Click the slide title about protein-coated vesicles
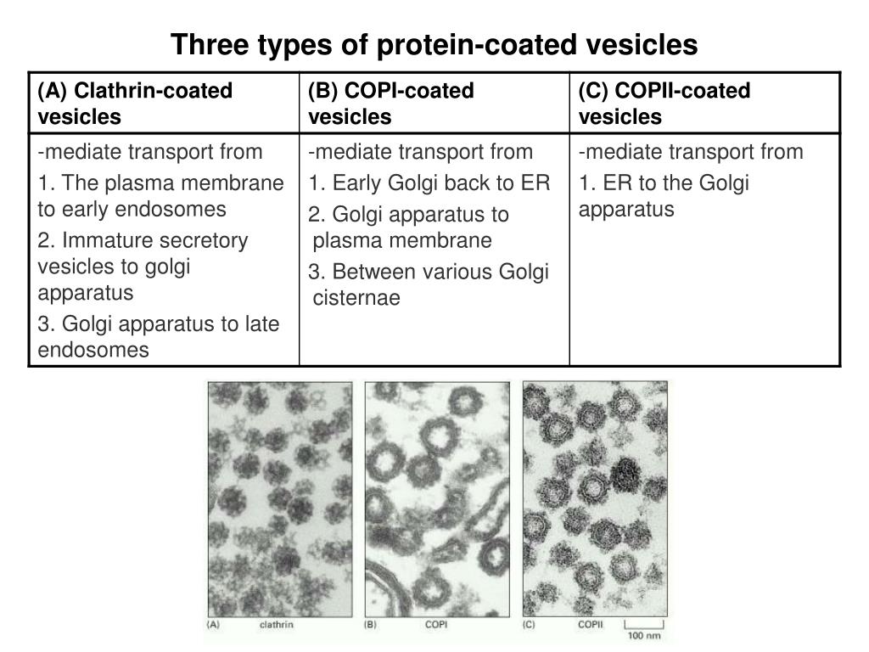[434, 44]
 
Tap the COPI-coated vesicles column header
[391, 103]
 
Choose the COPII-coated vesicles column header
[664, 103]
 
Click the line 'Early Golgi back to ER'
[429, 183]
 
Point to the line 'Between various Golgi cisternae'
[429, 284]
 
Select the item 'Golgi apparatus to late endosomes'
[159, 336]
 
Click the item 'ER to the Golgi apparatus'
[664, 196]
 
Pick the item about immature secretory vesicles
[143, 267]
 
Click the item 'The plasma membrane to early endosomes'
[160, 196]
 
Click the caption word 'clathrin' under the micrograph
[276, 625]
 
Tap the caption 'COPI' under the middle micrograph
[436, 625]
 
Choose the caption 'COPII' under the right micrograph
[591, 625]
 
